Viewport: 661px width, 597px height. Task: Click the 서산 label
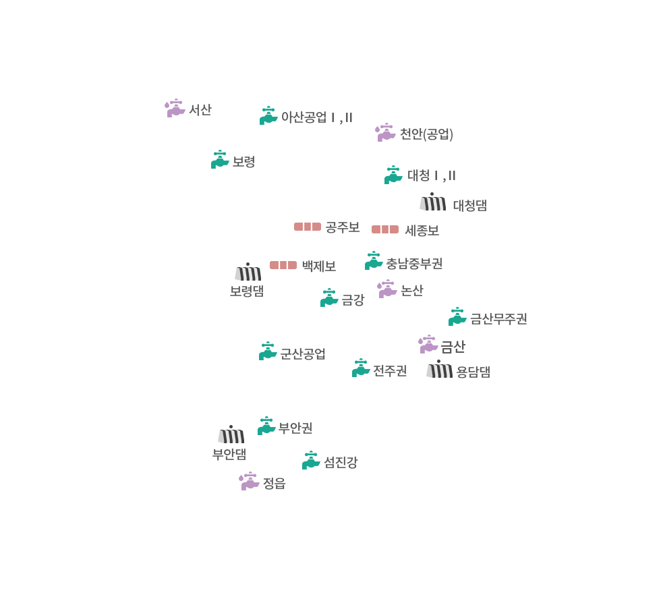(x=200, y=109)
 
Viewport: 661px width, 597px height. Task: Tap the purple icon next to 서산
(x=175, y=108)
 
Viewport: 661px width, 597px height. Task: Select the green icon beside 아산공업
(x=268, y=115)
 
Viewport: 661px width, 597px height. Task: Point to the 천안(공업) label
(x=426, y=134)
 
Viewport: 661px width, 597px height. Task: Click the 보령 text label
(x=243, y=162)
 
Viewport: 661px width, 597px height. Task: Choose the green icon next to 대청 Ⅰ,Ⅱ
(x=393, y=175)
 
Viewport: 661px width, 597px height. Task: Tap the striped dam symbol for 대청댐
(x=432, y=202)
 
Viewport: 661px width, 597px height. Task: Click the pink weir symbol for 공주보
(x=308, y=227)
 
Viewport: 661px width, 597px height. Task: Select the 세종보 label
(x=422, y=231)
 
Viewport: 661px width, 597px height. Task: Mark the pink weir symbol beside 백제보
(x=283, y=265)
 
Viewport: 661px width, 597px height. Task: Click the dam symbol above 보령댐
(x=248, y=272)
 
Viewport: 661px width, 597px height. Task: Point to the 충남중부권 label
(x=414, y=262)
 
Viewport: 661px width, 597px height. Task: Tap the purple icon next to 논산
(x=387, y=289)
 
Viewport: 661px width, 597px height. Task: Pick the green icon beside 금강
(x=329, y=297)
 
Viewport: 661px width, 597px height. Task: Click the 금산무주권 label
(x=498, y=318)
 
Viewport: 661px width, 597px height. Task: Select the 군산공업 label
(x=302, y=353)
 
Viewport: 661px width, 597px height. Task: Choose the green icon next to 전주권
(x=361, y=368)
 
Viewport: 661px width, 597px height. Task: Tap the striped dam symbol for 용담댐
(x=439, y=370)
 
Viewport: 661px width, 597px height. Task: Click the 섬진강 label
(x=340, y=462)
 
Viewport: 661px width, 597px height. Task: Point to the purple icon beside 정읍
(x=250, y=481)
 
